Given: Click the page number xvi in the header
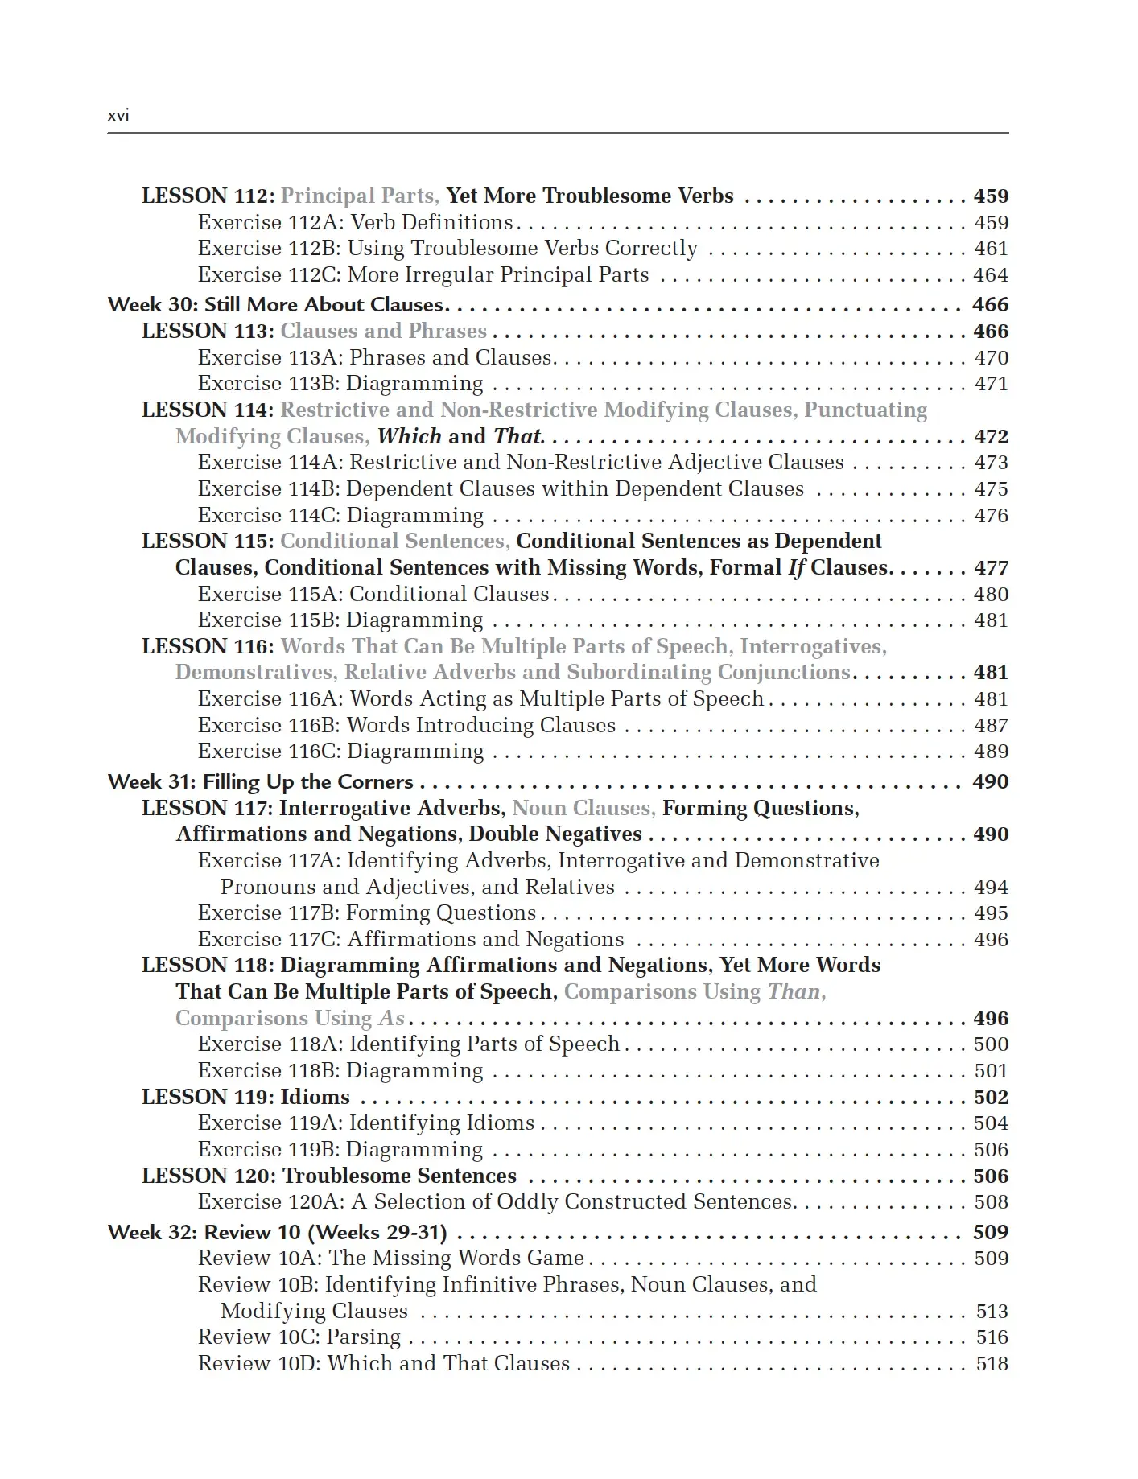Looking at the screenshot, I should tap(118, 115).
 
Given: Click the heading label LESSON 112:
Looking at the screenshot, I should tap(208, 196).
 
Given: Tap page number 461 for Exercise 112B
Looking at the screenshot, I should tap(991, 249).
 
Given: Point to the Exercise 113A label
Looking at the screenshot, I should tap(270, 358).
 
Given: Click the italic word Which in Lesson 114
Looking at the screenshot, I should tap(409, 437).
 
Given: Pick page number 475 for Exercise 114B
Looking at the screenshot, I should tap(991, 489).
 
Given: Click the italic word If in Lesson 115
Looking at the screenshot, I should tap(796, 568).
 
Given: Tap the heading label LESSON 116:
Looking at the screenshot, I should tap(208, 647).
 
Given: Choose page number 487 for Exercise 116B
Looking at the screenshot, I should tap(991, 726).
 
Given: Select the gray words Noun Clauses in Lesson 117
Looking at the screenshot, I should tap(583, 809).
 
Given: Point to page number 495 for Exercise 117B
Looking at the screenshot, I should tap(991, 913).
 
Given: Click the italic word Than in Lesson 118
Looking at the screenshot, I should tap(794, 992).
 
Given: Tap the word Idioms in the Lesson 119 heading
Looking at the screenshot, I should tap(315, 1098).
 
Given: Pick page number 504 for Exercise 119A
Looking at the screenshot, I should tap(991, 1123).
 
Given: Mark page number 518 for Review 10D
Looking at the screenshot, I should tap(992, 1364).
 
